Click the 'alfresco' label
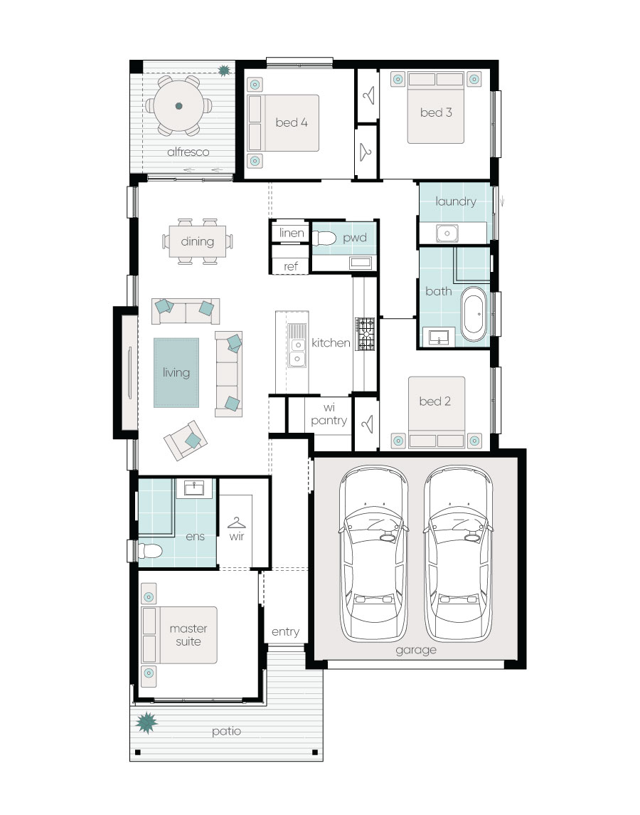[x=188, y=152]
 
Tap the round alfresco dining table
[x=178, y=106]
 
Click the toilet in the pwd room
[x=324, y=238]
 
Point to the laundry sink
[x=447, y=233]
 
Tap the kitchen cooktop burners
[x=365, y=334]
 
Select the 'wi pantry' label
[x=329, y=414]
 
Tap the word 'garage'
[x=415, y=651]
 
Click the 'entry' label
[x=285, y=632]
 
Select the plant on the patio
[x=146, y=722]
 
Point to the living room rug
[x=176, y=373]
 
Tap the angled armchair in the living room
[x=186, y=441]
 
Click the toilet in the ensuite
[x=149, y=550]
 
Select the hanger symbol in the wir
[x=236, y=522]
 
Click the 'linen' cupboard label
[x=292, y=233]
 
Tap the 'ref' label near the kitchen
[x=290, y=267]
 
